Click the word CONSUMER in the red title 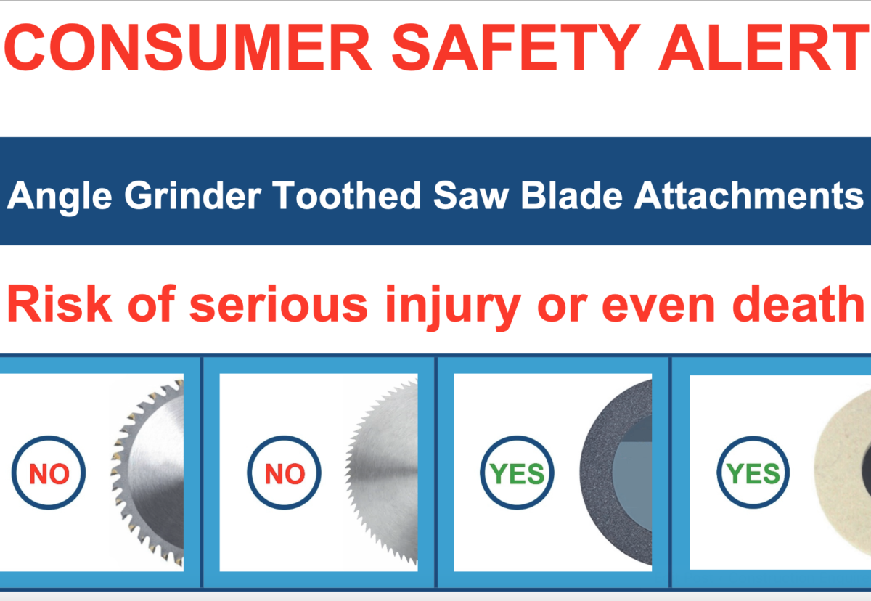coord(188,47)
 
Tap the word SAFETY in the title coord(516,47)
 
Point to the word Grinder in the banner coord(193,195)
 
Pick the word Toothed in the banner coord(346,195)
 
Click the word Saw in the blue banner coord(471,195)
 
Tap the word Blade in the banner coord(572,195)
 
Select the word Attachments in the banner coord(748,195)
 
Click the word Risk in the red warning coord(60,303)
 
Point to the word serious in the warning coord(279,303)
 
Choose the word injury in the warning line coord(454,308)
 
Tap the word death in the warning coord(798,303)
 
